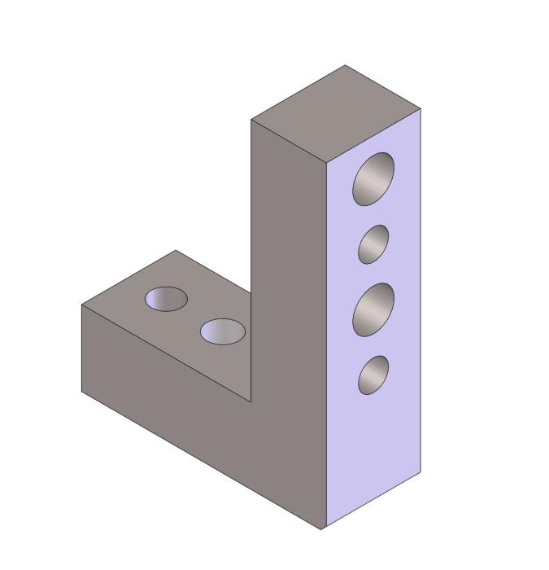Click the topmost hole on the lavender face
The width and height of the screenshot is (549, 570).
click(x=373, y=178)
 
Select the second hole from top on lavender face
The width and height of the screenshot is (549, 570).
click(x=373, y=244)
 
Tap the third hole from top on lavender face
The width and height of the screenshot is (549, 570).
click(x=373, y=309)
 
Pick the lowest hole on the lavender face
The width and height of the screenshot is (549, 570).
click(x=373, y=375)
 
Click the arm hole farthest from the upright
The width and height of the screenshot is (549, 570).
click(x=166, y=299)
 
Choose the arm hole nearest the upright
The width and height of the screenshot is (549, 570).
click(x=222, y=331)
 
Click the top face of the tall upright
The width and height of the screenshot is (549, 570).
click(x=336, y=114)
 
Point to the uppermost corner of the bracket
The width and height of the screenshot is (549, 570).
click(x=346, y=65)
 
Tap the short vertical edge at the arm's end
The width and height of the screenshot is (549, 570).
click(x=81, y=349)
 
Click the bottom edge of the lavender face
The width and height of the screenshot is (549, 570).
click(x=373, y=501)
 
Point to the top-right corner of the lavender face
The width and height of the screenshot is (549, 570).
click(x=420, y=108)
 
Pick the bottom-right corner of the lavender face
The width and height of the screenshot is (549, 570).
click(x=420, y=472)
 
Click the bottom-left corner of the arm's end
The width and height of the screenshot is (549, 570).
click(x=81, y=392)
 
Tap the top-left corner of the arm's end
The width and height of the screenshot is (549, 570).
click(x=81, y=305)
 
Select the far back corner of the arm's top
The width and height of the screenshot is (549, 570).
click(x=176, y=250)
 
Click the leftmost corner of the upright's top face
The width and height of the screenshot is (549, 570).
click(x=251, y=121)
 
